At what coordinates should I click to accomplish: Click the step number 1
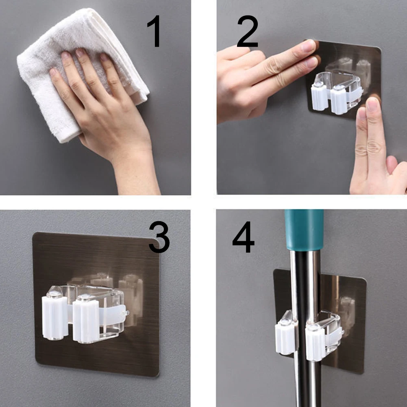pos(155,31)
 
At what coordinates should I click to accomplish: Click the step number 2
pos(248,31)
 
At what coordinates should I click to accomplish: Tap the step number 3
pos(159,237)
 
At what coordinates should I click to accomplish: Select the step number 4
pos(243,237)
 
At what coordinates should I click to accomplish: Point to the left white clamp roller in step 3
pos(55,316)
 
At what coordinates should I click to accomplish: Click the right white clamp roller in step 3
pos(85,319)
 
